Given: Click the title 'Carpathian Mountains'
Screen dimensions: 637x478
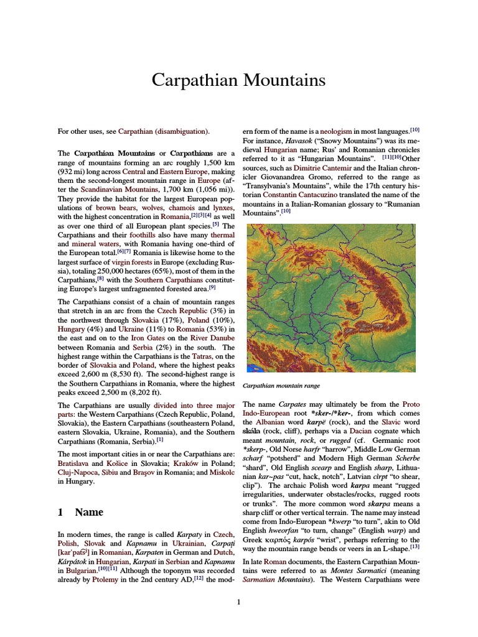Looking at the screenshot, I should click(x=239, y=80).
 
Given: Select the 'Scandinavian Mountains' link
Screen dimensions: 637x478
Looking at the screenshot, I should click(x=117, y=189).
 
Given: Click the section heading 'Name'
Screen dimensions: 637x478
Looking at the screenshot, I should click(x=89, y=512).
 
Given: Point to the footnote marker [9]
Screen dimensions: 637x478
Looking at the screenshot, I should click(x=212, y=287).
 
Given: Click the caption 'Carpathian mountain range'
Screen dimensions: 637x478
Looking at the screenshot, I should click(x=281, y=386).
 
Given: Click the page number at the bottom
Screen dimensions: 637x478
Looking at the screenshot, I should click(x=238, y=602).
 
